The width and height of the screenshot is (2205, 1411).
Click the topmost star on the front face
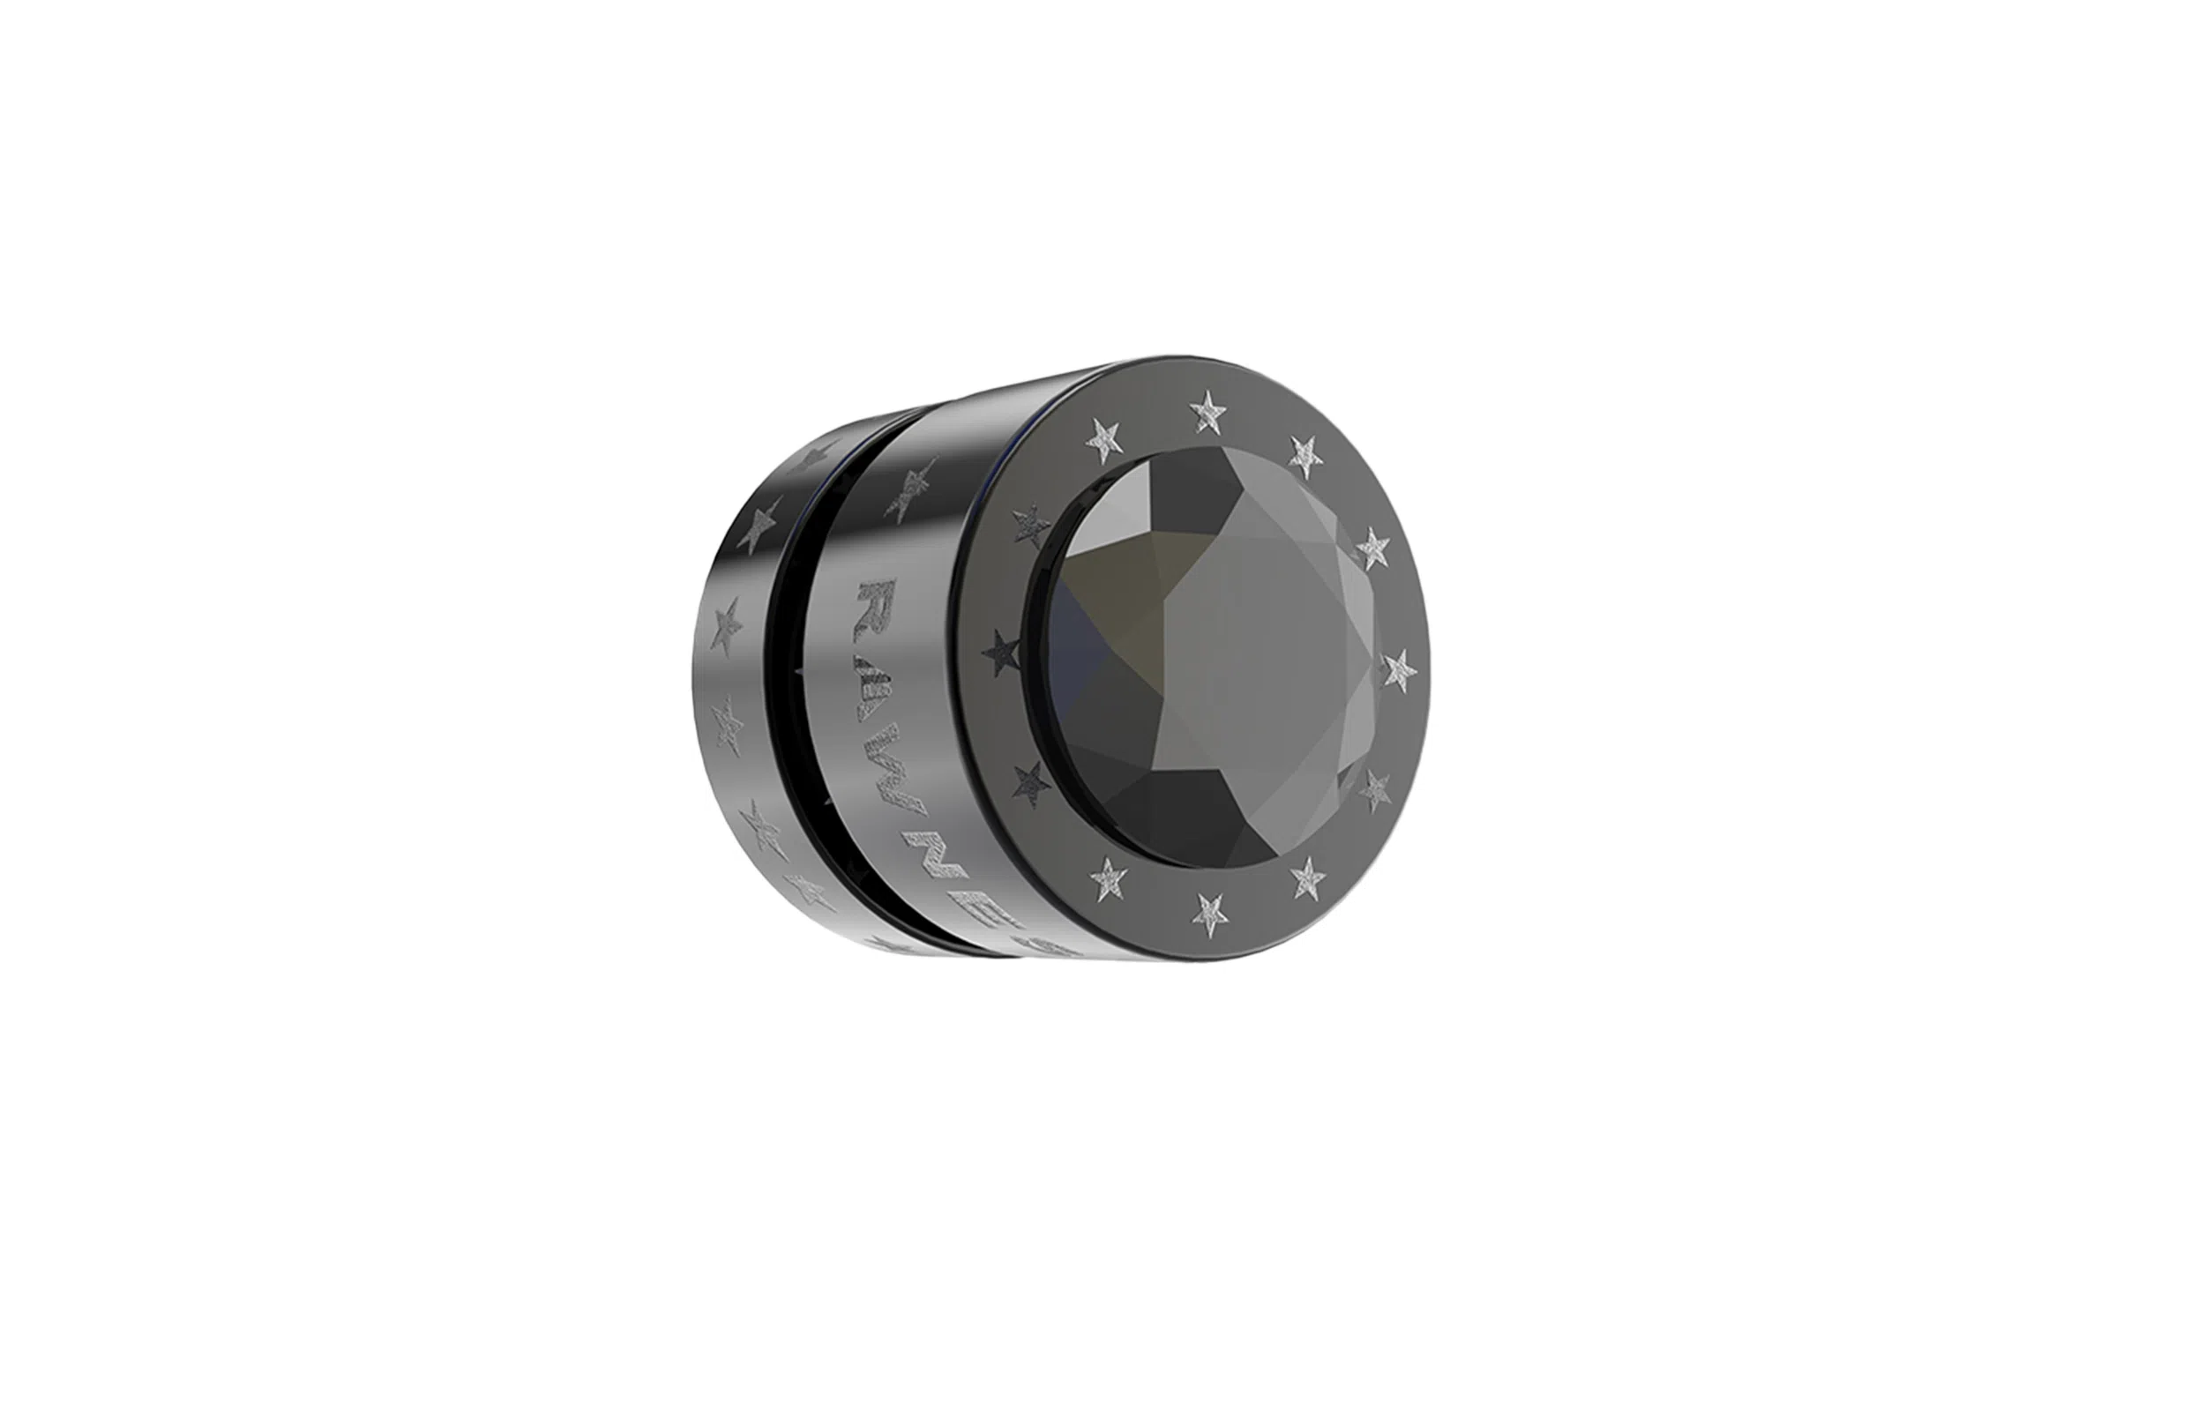pos(1208,408)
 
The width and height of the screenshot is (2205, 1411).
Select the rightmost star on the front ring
pos(1399,669)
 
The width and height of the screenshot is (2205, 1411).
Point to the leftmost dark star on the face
pos(1002,653)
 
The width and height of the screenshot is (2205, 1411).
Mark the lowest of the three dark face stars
pos(1033,784)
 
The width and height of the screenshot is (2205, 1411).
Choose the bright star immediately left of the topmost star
pos(1105,444)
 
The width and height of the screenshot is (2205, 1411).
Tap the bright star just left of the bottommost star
pos(1109,878)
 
